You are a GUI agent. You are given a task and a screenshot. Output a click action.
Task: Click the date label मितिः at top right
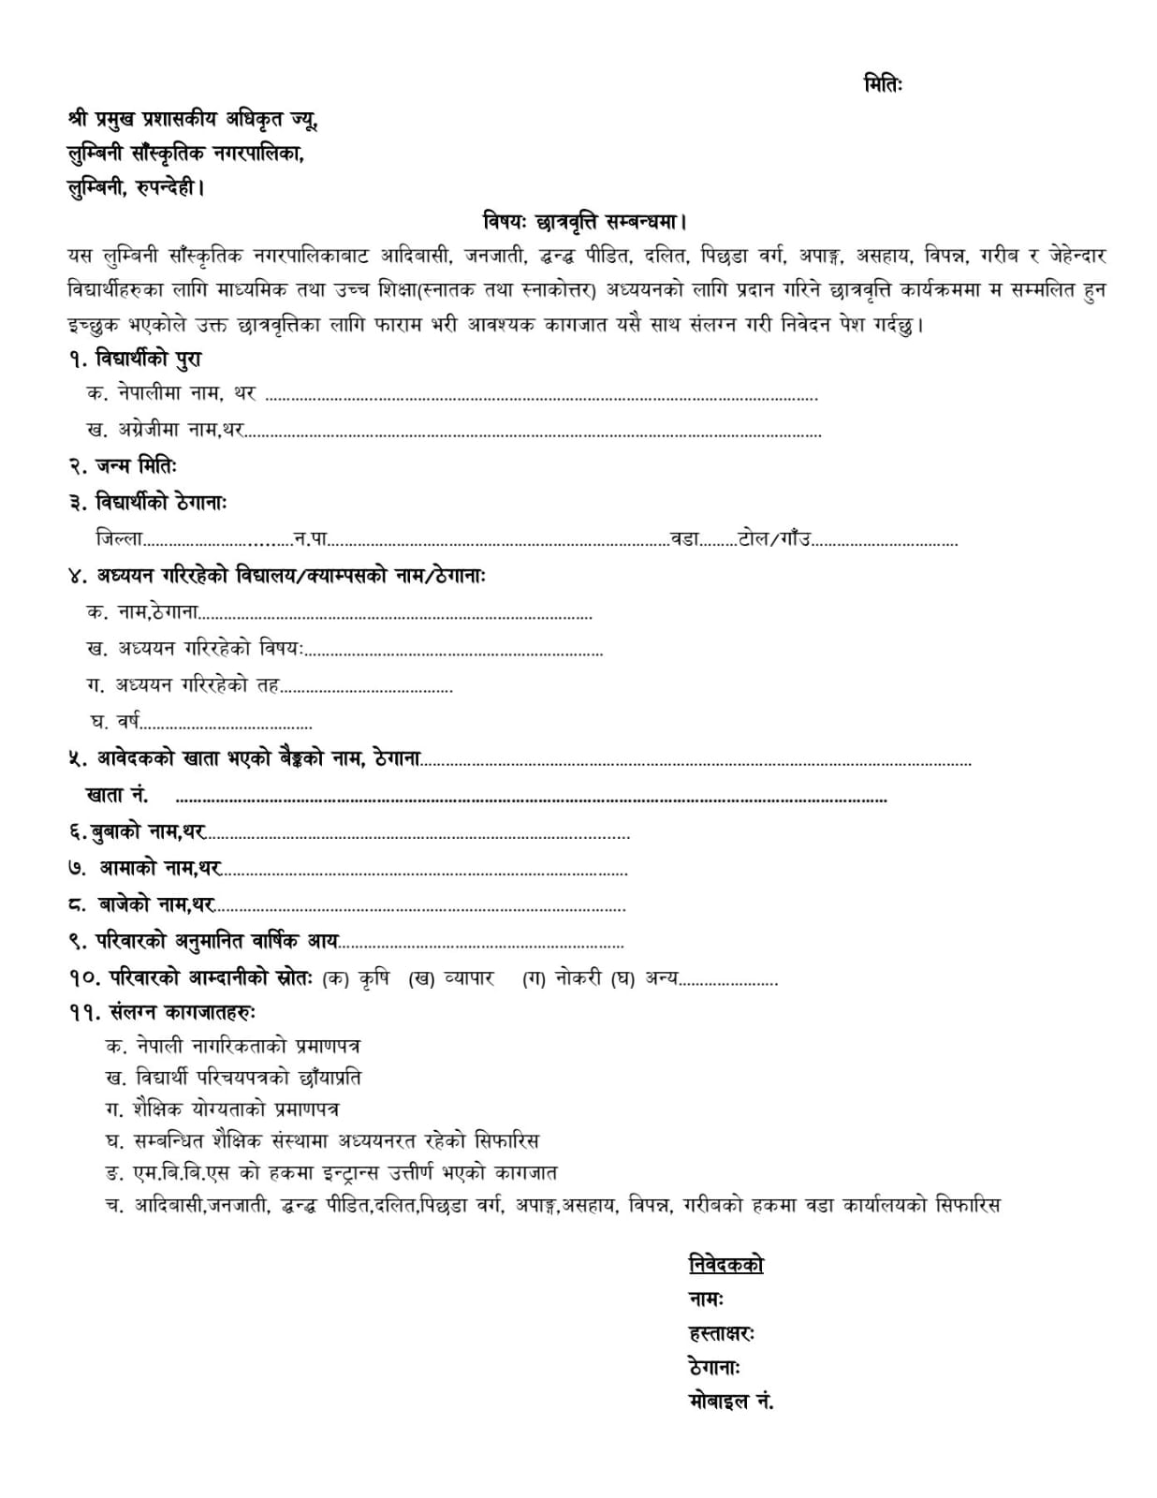click(882, 84)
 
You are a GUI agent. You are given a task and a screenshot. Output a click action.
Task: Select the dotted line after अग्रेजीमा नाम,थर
click(534, 433)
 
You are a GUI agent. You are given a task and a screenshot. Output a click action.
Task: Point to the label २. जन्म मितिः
click(122, 465)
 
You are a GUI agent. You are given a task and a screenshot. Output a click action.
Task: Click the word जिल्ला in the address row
click(119, 538)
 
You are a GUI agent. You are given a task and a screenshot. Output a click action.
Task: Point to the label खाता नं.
click(116, 796)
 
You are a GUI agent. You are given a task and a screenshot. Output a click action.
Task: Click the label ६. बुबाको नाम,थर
click(137, 832)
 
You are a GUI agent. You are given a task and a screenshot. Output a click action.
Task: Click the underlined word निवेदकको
click(725, 1264)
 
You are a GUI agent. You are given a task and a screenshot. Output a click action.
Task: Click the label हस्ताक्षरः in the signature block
click(722, 1332)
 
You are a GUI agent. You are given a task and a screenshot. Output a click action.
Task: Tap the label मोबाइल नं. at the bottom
click(730, 1402)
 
